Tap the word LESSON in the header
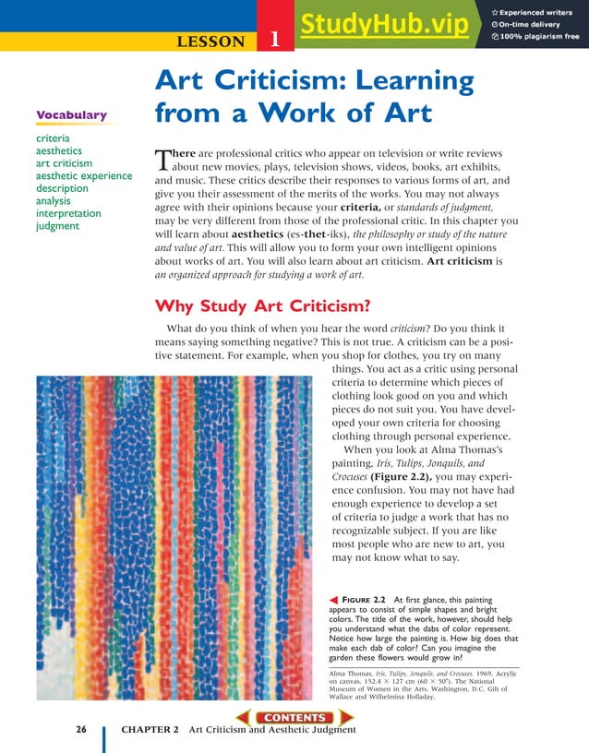(x=210, y=41)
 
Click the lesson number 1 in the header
(x=274, y=40)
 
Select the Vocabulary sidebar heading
(x=71, y=115)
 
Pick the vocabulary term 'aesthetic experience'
(x=83, y=175)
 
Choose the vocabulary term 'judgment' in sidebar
(x=58, y=226)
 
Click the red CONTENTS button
(x=294, y=717)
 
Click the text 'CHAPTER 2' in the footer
(x=148, y=730)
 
